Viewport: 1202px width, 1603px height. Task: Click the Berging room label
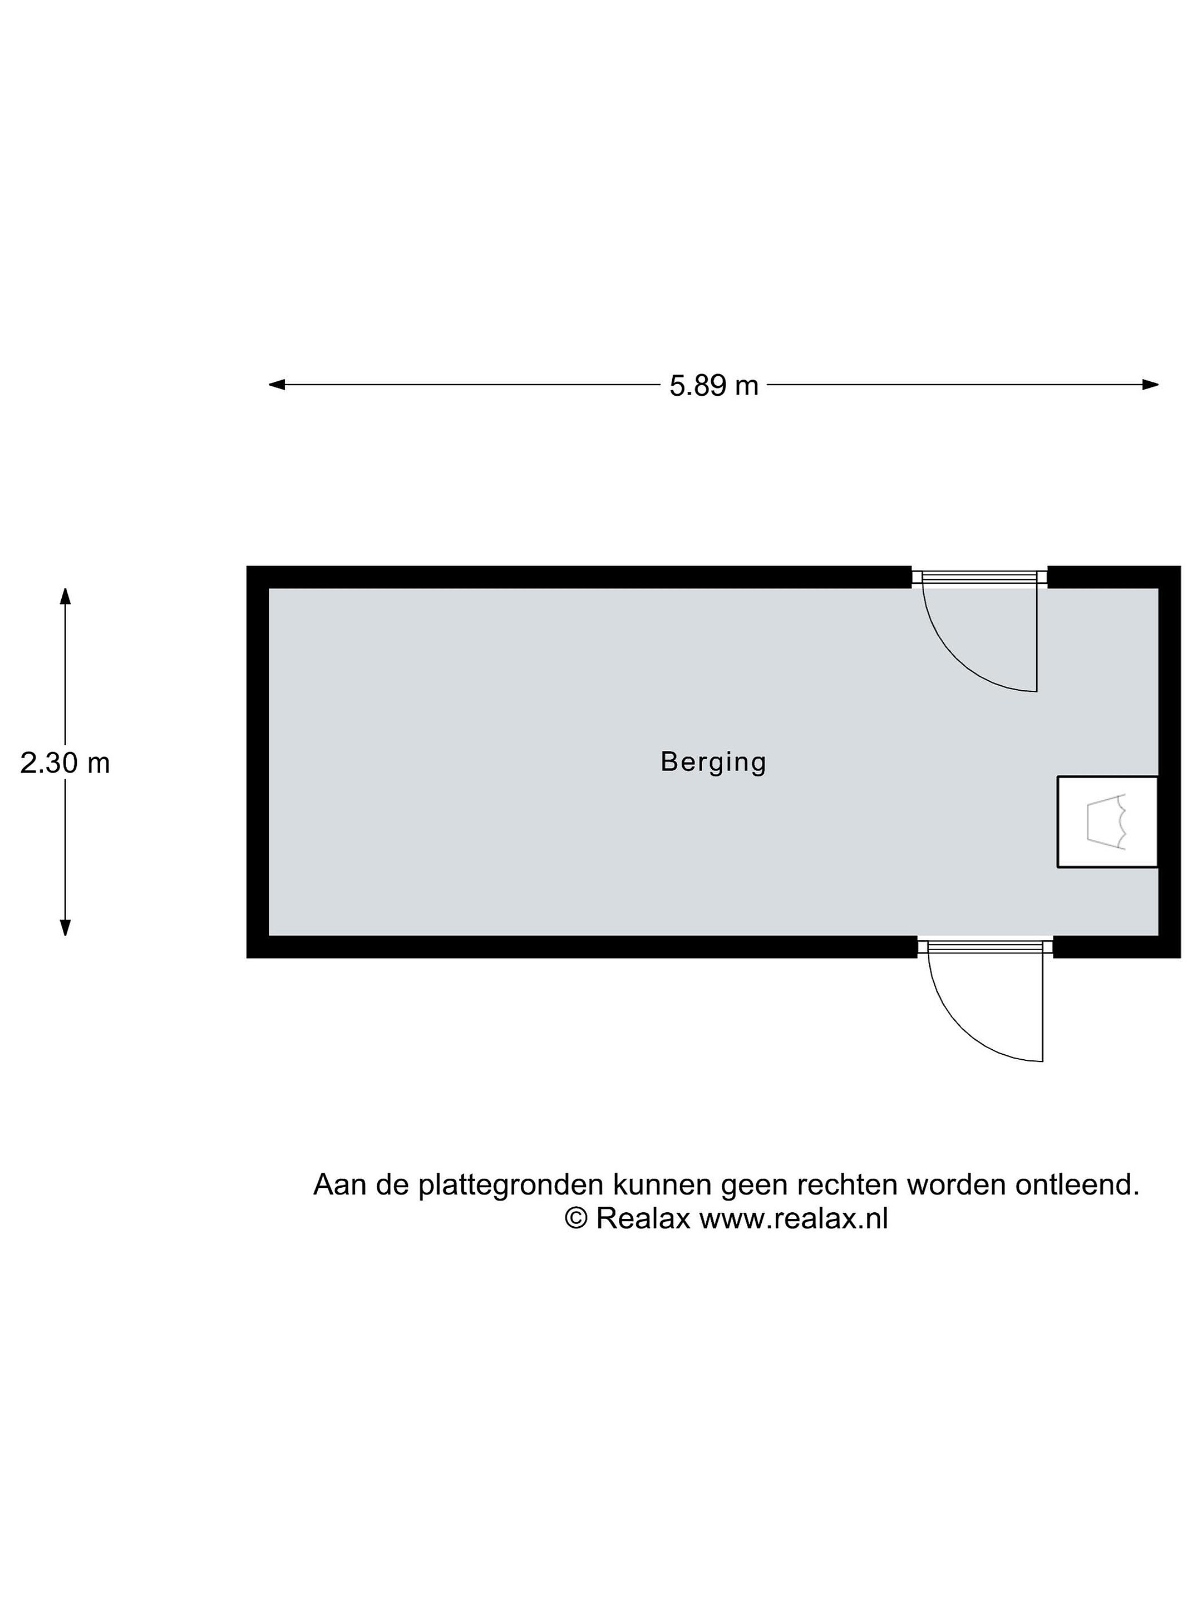point(713,763)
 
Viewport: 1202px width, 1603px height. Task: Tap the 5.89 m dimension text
point(713,386)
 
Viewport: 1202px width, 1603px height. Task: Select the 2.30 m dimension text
point(65,763)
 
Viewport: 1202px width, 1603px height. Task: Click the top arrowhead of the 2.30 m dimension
point(65,596)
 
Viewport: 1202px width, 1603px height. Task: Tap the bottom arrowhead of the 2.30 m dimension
point(65,928)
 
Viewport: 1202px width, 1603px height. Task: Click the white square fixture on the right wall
point(1106,821)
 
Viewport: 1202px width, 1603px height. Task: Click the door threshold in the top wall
point(979,577)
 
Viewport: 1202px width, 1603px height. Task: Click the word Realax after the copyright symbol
point(643,1218)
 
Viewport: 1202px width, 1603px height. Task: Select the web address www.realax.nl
point(794,1218)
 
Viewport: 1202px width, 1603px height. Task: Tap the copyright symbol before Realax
point(576,1218)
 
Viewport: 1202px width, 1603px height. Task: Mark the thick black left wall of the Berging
point(258,763)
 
